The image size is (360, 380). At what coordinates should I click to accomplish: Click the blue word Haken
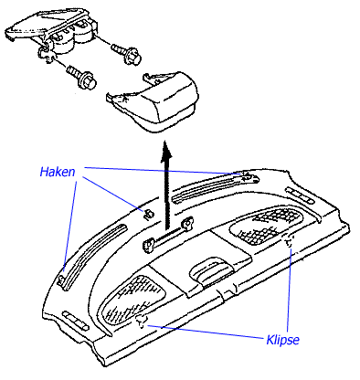coord(58,172)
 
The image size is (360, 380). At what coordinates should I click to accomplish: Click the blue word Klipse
coord(282,340)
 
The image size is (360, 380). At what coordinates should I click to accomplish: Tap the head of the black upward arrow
coord(166,150)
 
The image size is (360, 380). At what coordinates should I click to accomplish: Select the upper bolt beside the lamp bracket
coord(126,54)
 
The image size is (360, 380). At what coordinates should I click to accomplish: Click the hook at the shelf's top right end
coord(250,177)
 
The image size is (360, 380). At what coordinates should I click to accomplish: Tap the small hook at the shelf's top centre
coord(148,214)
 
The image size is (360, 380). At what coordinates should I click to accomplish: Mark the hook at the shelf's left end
coord(62,280)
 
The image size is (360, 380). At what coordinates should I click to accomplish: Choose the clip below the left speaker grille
coord(142,322)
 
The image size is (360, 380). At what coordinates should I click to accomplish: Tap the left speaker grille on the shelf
coord(133,300)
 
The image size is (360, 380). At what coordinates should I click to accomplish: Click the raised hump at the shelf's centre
coord(211,270)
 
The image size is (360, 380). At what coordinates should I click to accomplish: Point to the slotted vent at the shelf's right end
coord(300,195)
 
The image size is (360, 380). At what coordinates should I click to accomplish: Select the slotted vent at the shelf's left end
coord(75,321)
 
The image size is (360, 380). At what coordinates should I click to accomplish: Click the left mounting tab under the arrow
coord(149,245)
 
